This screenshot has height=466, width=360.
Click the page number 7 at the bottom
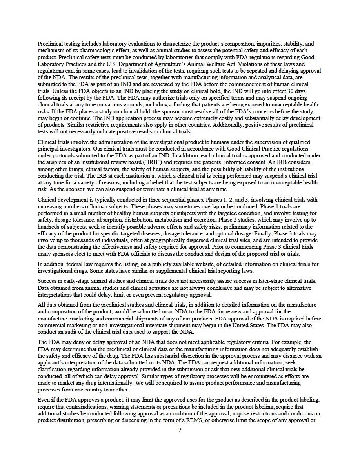point(180,430)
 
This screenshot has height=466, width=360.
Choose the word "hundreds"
point(48,227)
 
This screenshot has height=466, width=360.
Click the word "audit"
point(67,332)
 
